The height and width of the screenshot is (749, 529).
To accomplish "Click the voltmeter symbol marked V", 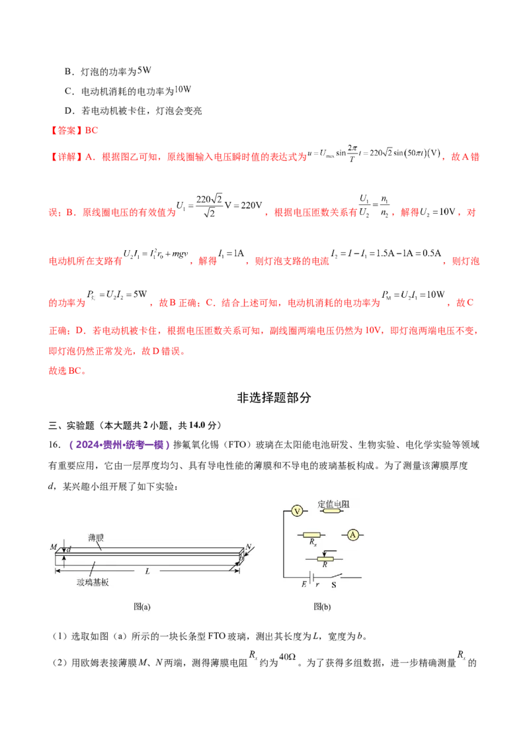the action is click(x=297, y=511).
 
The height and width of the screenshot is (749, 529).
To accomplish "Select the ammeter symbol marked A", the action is click(x=353, y=535).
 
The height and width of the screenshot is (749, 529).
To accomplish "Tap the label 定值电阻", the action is click(x=334, y=504).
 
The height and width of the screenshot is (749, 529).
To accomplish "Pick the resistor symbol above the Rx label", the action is click(x=311, y=535).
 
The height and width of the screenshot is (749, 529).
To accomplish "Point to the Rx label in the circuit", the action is click(x=312, y=543).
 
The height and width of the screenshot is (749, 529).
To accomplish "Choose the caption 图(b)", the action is click(x=322, y=606).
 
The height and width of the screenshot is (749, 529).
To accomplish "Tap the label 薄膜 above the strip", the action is click(x=96, y=539).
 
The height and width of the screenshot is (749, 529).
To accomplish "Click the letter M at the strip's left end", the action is click(x=53, y=547).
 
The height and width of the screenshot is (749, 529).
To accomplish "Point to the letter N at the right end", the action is click(x=248, y=547).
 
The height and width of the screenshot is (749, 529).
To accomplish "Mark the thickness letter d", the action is click(x=68, y=550).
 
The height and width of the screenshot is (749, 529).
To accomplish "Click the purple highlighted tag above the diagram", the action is click(x=119, y=445).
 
